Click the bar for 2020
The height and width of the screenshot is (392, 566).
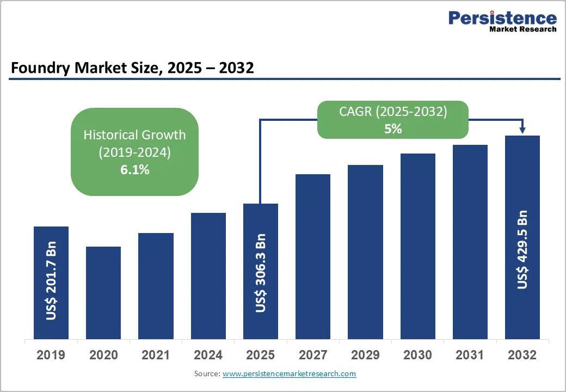pyautogui.click(x=103, y=293)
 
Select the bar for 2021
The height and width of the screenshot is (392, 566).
pyautogui.click(x=156, y=286)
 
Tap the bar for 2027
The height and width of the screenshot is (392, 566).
pyautogui.click(x=313, y=256)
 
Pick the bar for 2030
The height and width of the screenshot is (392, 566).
pyautogui.click(x=418, y=246)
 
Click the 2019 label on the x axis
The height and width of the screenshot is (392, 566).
pyautogui.click(x=51, y=355)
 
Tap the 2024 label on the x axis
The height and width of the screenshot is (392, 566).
pyautogui.click(x=208, y=355)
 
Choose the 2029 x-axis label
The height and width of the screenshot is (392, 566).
pyautogui.click(x=365, y=355)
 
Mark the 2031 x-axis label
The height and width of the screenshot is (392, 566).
pyautogui.click(x=470, y=355)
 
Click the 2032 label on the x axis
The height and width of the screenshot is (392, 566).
pyautogui.click(x=522, y=355)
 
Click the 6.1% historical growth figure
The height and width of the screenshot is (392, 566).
pyautogui.click(x=134, y=170)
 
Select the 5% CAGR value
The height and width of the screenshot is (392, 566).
pyautogui.click(x=392, y=129)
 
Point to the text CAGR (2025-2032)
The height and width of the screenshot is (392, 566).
pyautogui.click(x=392, y=112)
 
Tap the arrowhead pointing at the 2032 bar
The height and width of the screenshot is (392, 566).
pyautogui.click(x=522, y=130)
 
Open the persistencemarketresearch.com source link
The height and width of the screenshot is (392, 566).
pyautogui.click(x=289, y=373)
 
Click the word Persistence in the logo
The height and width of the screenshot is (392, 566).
pyautogui.click(x=502, y=19)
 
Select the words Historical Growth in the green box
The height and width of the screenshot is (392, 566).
pyautogui.click(x=134, y=134)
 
